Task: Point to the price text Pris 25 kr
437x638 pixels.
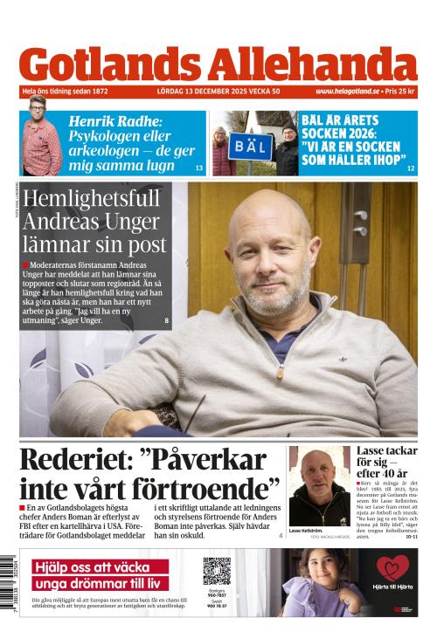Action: [401, 92]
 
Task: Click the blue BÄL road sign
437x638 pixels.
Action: [250, 146]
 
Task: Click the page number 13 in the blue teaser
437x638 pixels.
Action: [198, 168]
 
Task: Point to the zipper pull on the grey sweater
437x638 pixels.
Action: [280, 370]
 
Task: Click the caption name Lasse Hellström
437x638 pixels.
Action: [307, 531]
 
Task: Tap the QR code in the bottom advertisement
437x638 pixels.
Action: [216, 571]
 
